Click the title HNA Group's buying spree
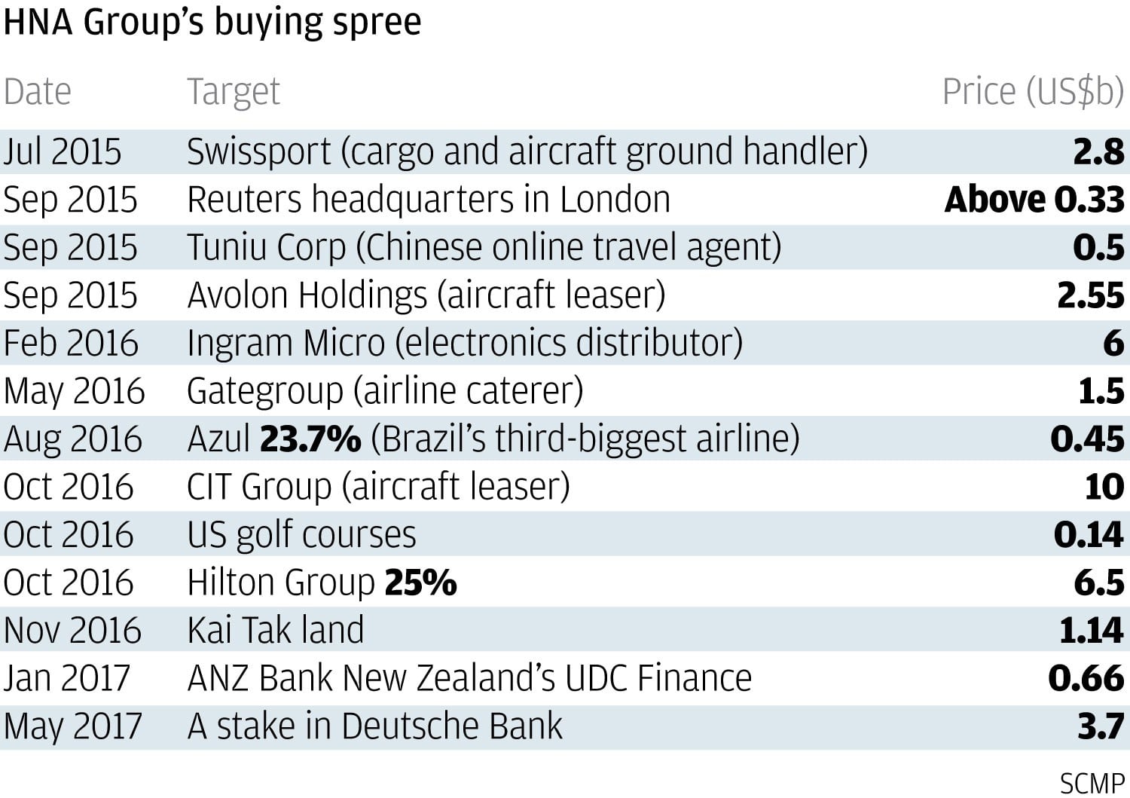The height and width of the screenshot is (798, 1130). (x=212, y=22)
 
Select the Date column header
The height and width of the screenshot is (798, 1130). (x=38, y=92)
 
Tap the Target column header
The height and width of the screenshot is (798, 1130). (x=233, y=92)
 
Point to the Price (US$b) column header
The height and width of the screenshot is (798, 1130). (x=1032, y=92)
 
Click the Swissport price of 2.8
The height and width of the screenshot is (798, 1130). (x=1098, y=151)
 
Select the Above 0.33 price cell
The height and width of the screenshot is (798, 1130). (x=1034, y=200)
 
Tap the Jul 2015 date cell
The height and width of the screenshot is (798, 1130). (x=62, y=151)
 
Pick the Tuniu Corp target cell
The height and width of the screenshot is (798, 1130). (x=484, y=248)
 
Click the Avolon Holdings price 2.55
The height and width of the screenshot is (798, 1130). (x=1090, y=295)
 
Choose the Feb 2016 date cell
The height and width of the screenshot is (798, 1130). (x=71, y=344)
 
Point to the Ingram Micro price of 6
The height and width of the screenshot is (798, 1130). (x=1113, y=344)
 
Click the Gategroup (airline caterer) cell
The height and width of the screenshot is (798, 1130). (x=385, y=391)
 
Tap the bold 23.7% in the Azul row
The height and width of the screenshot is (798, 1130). (x=310, y=439)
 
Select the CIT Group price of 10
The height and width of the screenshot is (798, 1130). (x=1104, y=487)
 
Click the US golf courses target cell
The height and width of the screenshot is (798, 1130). (x=301, y=535)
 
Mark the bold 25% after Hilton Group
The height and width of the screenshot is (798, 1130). (x=420, y=582)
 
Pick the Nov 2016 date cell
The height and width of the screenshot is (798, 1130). (x=72, y=631)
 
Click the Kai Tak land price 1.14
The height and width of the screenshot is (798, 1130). (x=1091, y=631)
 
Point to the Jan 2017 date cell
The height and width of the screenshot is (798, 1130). (x=67, y=678)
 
